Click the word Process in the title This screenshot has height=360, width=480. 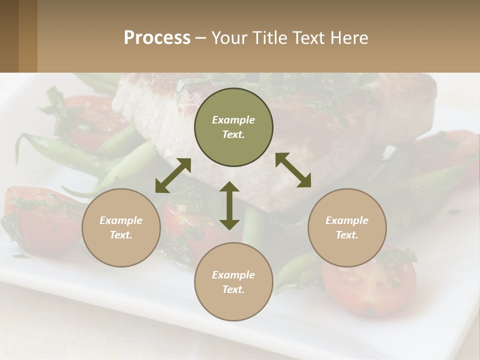click(157, 38)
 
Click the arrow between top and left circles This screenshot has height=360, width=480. click(173, 175)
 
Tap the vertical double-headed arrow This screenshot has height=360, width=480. click(229, 205)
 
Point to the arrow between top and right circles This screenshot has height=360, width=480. click(293, 170)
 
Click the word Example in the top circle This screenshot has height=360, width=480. click(233, 120)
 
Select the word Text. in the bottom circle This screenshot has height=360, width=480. click(233, 289)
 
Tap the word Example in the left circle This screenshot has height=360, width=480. click(121, 220)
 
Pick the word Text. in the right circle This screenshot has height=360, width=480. click(347, 235)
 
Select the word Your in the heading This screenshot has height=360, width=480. click(228, 38)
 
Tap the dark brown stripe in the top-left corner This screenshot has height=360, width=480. click(9, 36)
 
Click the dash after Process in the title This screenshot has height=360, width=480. click(200, 38)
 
